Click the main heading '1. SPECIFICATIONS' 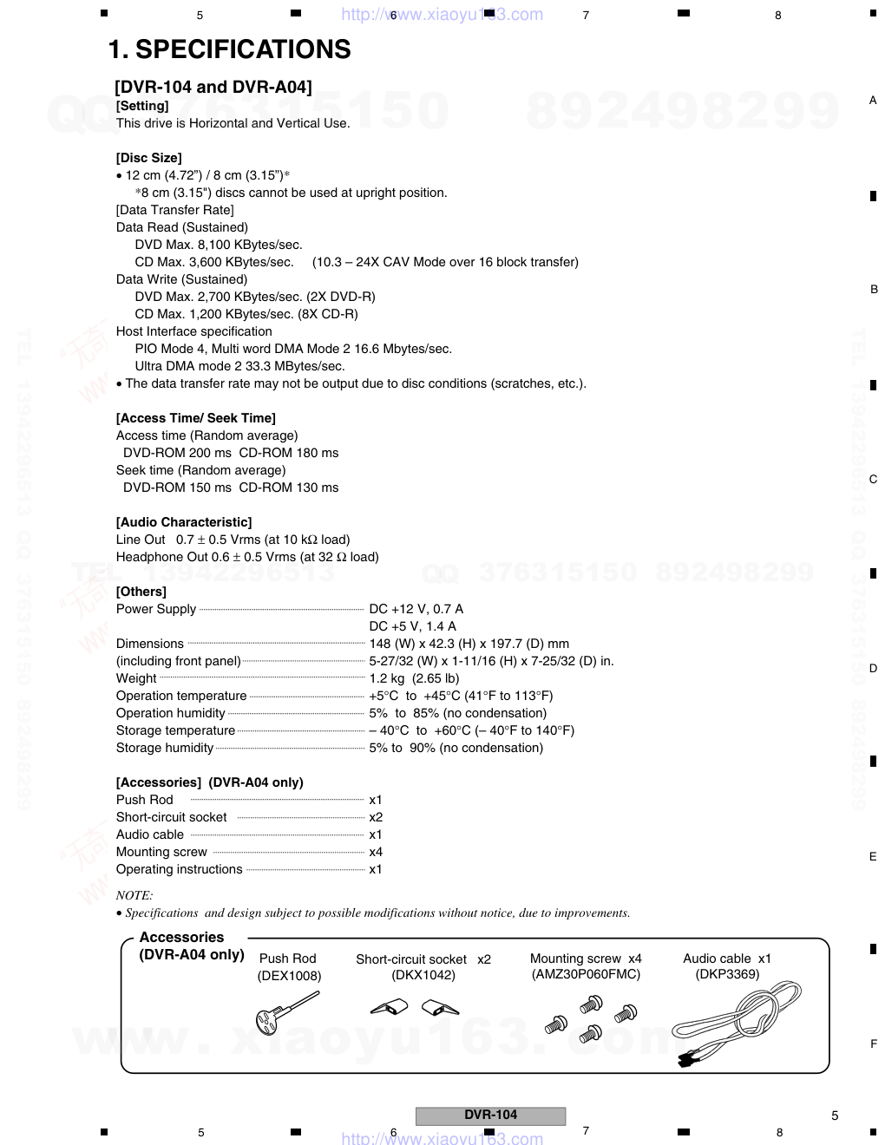(x=229, y=50)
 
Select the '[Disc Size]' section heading (x=148, y=158)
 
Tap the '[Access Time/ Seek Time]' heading (x=195, y=418)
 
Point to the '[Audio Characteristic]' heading (x=184, y=522)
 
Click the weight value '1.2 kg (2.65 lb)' (x=414, y=678)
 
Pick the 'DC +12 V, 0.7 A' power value (x=416, y=609)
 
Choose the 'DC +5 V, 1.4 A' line (x=412, y=626)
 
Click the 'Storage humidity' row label (x=165, y=748)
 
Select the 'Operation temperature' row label (x=181, y=696)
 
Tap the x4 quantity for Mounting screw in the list (x=376, y=852)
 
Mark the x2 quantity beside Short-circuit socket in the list (x=376, y=817)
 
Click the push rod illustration (x=286, y=1011)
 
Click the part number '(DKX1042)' (x=423, y=975)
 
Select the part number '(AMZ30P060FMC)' (x=586, y=974)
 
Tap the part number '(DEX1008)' (x=289, y=976)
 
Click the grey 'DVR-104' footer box (x=490, y=1116)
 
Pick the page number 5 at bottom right (x=835, y=1116)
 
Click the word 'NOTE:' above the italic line (x=134, y=895)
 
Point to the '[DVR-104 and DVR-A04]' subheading (x=213, y=87)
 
